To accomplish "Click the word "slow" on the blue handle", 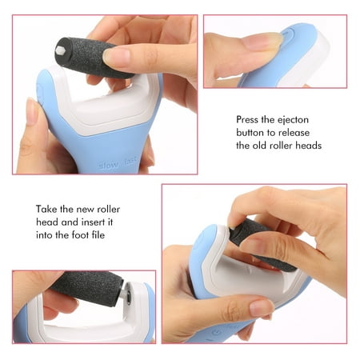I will click(x=109, y=166).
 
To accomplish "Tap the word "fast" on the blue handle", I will click(x=130, y=160).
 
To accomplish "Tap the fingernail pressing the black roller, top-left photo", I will click(x=116, y=57).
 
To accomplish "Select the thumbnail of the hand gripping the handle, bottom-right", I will click(x=261, y=307).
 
